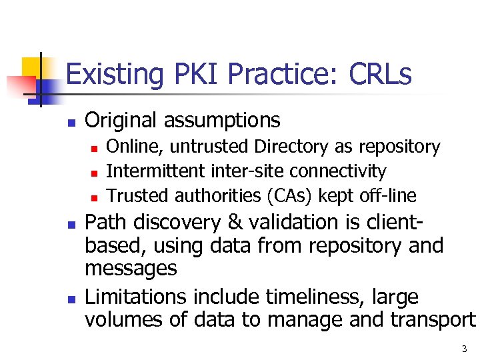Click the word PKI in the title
pyautogui.click(x=190, y=74)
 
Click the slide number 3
pyautogui.click(x=464, y=348)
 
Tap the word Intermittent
pyautogui.click(x=155, y=171)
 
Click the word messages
pyautogui.click(x=131, y=268)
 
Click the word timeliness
pyautogui.click(x=309, y=296)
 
